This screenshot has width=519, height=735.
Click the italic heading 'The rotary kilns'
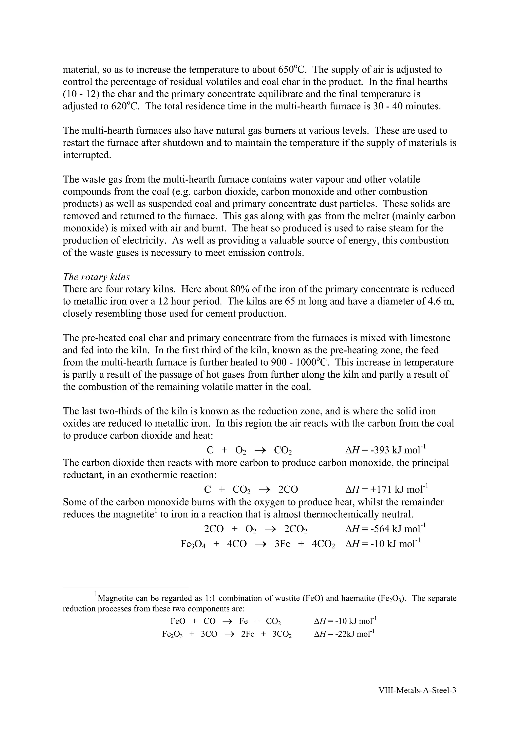point(96,277)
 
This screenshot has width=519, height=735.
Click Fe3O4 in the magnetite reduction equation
point(193,544)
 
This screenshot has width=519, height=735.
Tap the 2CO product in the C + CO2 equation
point(288,489)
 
